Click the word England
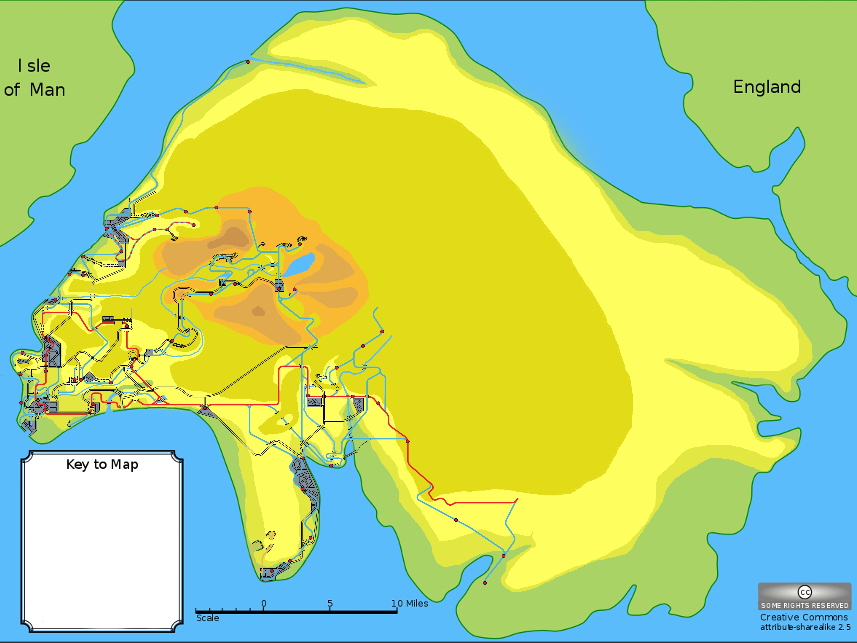[x=767, y=87]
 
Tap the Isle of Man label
[x=34, y=78]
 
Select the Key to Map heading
[x=102, y=464]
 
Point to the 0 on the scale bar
[x=264, y=603]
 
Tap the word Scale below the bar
[x=208, y=618]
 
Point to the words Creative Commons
[x=804, y=617]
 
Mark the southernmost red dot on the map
[x=485, y=583]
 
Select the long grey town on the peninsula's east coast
[x=307, y=484]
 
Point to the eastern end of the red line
[x=517, y=500]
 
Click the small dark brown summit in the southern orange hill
[x=258, y=311]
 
